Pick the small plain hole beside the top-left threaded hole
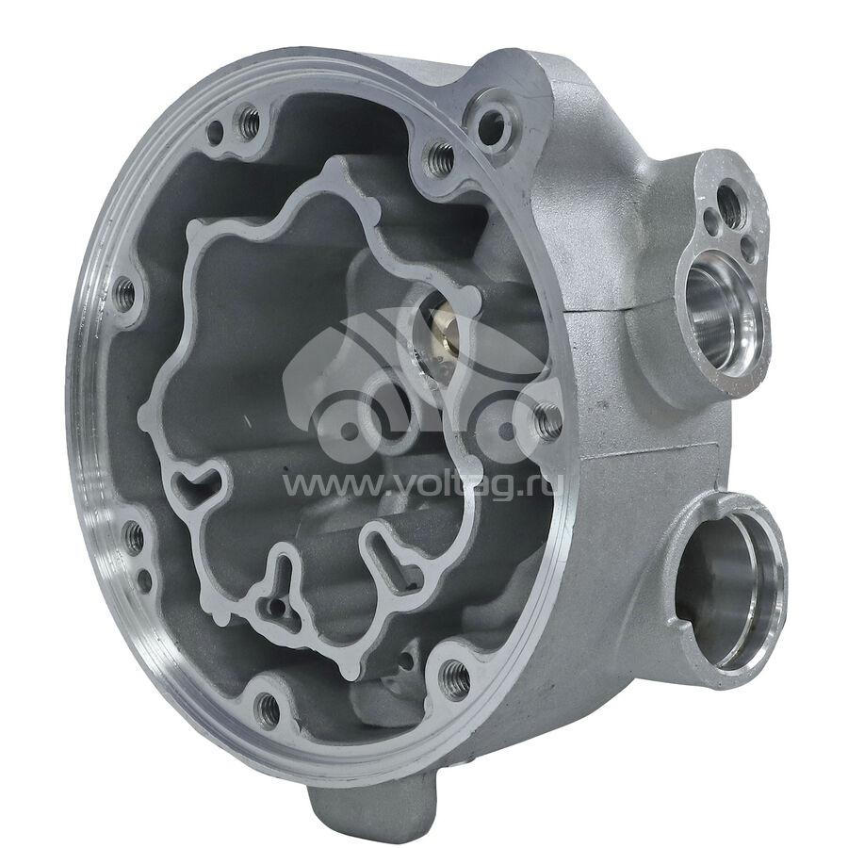point(216,130)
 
